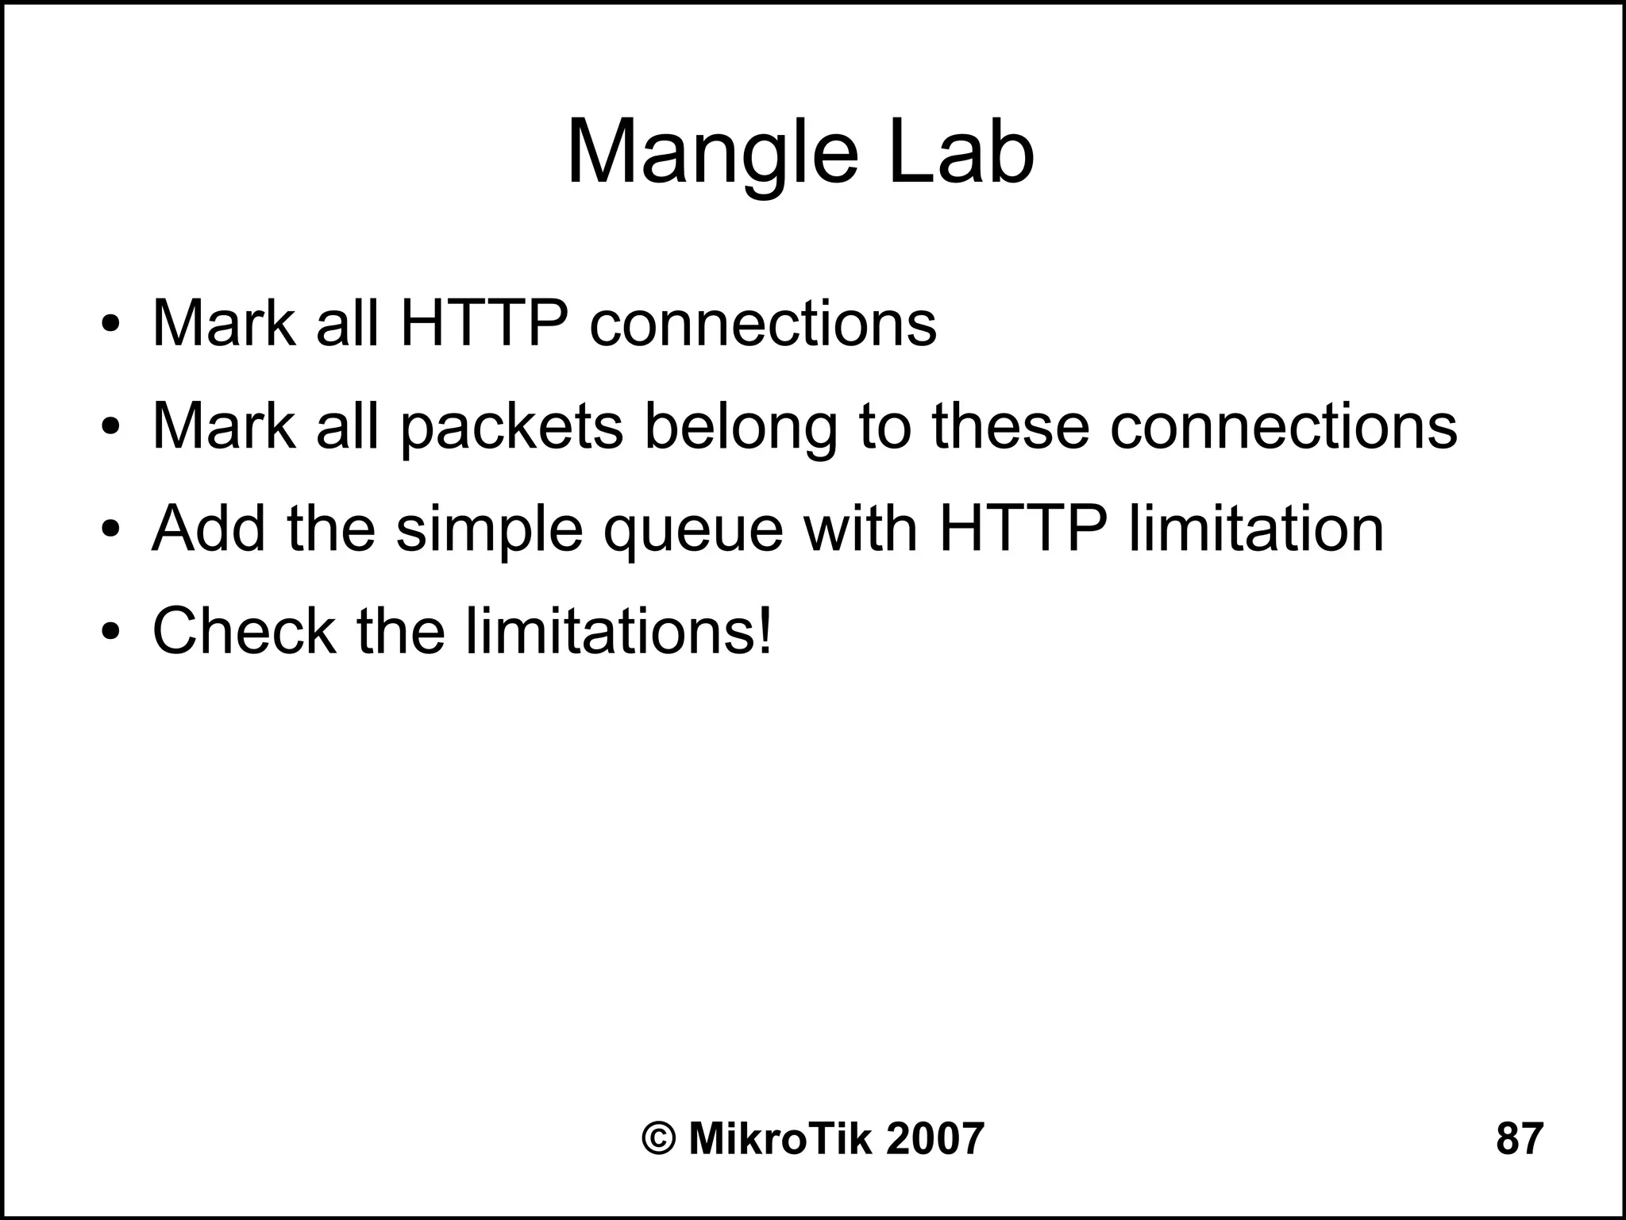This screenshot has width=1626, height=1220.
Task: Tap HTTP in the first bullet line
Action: (x=484, y=323)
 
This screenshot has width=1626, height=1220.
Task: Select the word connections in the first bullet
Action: (x=762, y=325)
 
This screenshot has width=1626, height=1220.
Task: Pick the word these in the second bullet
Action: (x=1011, y=426)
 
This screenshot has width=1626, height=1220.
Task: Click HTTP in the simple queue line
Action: (x=1023, y=529)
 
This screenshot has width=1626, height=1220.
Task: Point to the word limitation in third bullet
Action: (x=1256, y=529)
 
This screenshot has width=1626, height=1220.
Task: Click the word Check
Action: (x=244, y=631)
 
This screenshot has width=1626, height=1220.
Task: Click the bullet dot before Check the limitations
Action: (x=110, y=633)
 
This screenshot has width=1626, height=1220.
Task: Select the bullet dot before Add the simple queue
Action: (x=110, y=530)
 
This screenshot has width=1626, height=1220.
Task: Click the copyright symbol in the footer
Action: (x=659, y=1139)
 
